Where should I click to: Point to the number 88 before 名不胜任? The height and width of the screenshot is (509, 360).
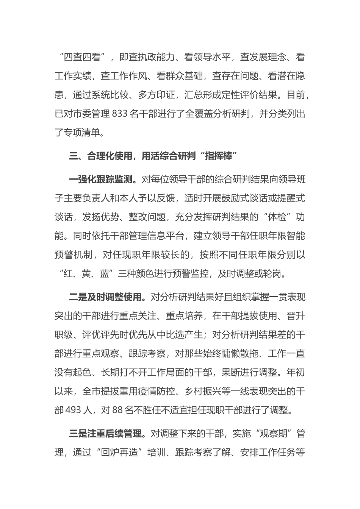[118, 410]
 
